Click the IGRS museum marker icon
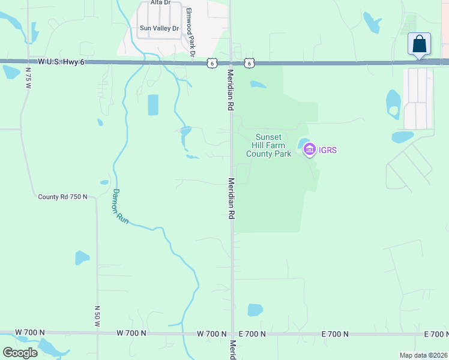coord(310,149)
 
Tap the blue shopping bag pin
coord(419,44)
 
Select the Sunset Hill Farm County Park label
coord(268,145)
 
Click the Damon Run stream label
coord(120,207)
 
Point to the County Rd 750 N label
coord(62,197)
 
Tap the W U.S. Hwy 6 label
coord(60,62)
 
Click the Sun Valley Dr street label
coord(159,28)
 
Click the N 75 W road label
coord(28,78)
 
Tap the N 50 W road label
coord(97,316)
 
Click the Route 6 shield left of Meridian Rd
coord(211,62)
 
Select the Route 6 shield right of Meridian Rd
coord(249,62)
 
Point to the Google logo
coord(20,352)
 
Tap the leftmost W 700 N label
coord(30,332)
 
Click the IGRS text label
coord(327,150)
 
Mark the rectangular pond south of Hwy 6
coord(153,105)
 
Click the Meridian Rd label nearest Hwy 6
coord(230,90)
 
